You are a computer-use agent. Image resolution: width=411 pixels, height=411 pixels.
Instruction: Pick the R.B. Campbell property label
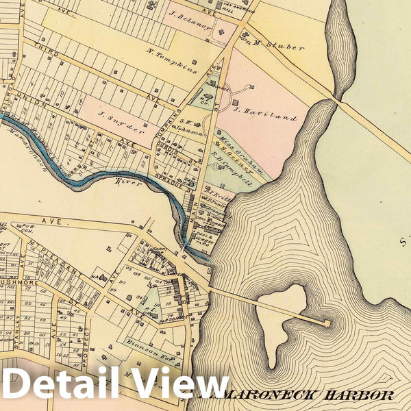pyautogui.click(x=232, y=173)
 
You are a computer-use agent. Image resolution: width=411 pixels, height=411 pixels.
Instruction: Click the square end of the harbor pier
pyautogui.click(x=327, y=323)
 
